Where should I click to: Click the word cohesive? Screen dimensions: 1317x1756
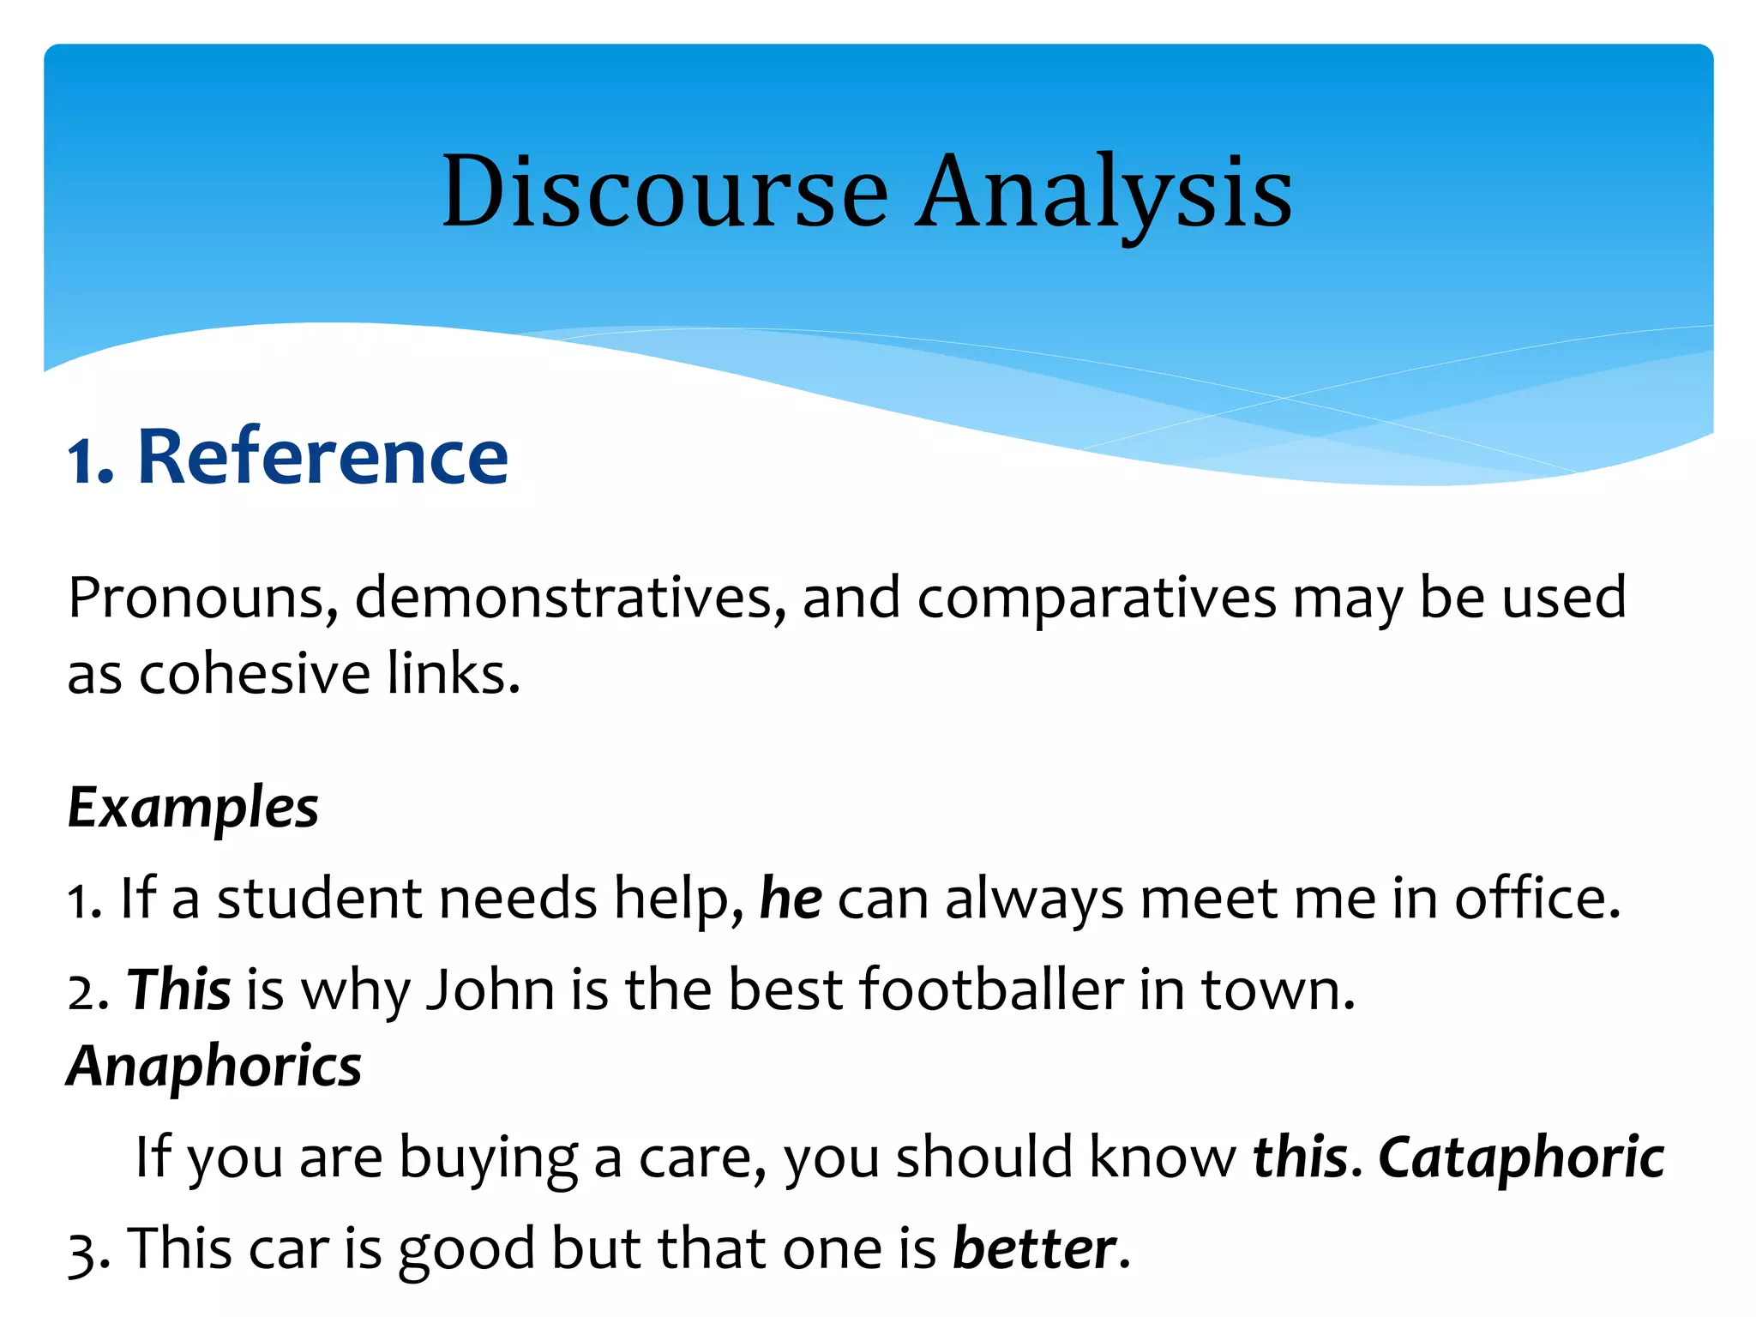tap(255, 674)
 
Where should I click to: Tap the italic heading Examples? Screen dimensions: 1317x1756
tap(193, 808)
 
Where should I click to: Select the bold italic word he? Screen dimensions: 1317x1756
tap(791, 899)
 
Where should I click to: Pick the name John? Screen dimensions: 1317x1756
tap(490, 989)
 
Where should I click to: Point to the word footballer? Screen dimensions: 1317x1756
tap(991, 989)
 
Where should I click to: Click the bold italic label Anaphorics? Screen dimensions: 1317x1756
tap(214, 1067)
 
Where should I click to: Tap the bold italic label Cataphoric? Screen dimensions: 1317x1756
tap(1521, 1158)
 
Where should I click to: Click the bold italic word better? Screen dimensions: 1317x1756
tap(1035, 1248)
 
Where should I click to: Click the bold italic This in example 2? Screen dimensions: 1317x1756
tap(178, 989)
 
